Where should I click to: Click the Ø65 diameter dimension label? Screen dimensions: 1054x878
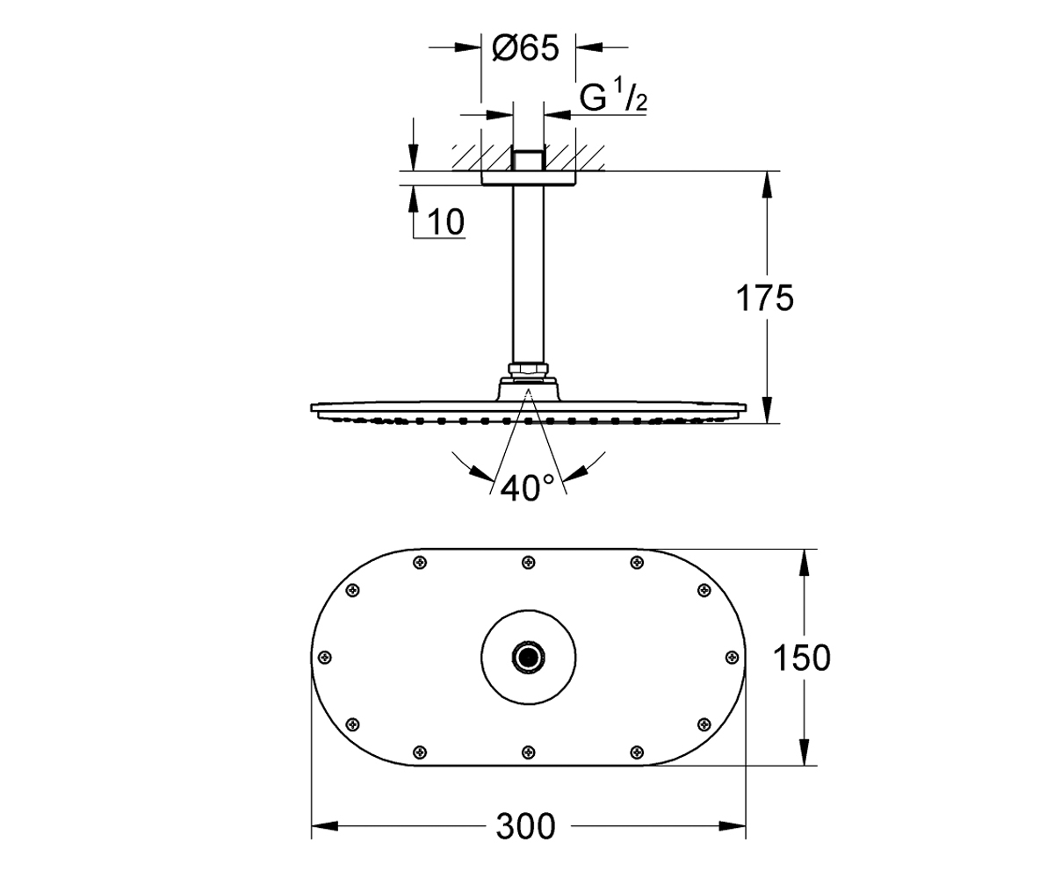(525, 49)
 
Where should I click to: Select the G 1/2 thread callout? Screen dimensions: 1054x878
(613, 97)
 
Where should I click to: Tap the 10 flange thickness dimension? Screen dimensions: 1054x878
(445, 222)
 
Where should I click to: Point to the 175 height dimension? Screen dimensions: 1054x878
(765, 299)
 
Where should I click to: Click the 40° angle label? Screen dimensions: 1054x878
(526, 488)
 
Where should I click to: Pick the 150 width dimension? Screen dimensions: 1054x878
(802, 658)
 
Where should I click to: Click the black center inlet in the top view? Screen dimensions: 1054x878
(528, 658)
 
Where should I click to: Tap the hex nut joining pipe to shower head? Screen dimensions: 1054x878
(528, 369)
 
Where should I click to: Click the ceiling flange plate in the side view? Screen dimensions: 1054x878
(528, 178)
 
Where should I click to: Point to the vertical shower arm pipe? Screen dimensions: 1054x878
(528, 273)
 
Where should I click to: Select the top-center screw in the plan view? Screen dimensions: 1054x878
(528, 562)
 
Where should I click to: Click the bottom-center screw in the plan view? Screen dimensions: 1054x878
(528, 752)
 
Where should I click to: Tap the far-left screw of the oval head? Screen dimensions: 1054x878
(326, 657)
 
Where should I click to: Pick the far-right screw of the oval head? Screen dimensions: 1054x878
(732, 657)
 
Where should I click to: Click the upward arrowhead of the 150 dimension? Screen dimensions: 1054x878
(805, 562)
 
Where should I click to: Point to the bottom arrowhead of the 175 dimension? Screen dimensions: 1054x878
(768, 410)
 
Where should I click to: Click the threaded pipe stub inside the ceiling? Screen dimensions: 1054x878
(528, 160)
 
